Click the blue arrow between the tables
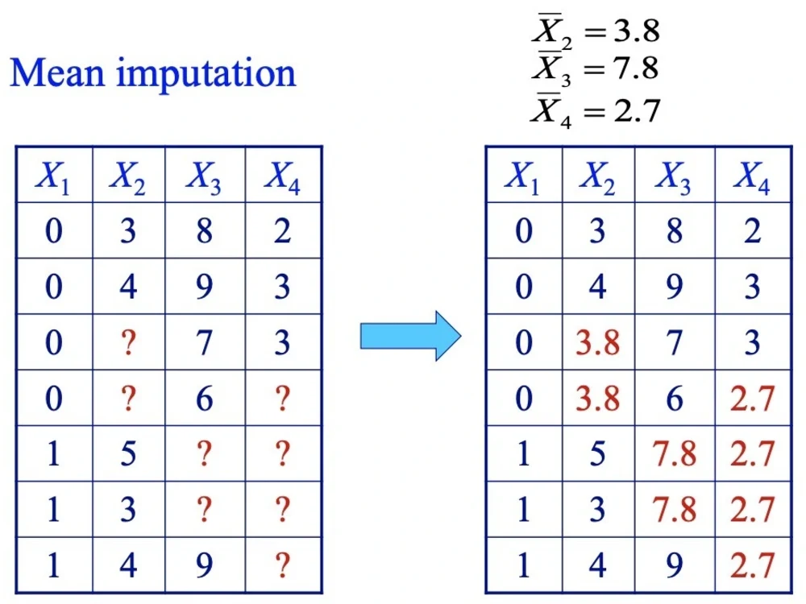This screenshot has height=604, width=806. (x=410, y=336)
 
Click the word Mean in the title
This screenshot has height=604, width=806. (x=57, y=73)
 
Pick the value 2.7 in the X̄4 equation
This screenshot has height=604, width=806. (x=638, y=110)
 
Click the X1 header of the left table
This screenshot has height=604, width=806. (x=52, y=177)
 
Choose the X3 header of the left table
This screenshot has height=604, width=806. (x=204, y=177)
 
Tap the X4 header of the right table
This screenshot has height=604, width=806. (x=751, y=177)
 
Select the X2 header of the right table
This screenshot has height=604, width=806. (x=597, y=177)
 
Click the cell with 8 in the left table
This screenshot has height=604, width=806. (x=204, y=230)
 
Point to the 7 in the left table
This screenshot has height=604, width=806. (x=204, y=342)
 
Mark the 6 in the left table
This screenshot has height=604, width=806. (x=204, y=399)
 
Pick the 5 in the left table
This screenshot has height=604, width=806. (x=128, y=454)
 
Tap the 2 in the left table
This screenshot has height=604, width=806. (x=282, y=230)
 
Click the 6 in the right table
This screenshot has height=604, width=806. (x=675, y=399)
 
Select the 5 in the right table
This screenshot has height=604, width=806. (x=597, y=454)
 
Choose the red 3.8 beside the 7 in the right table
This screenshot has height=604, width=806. (x=597, y=342)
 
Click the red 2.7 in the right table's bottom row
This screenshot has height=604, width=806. (x=752, y=565)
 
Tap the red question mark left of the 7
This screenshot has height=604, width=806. (x=128, y=342)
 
